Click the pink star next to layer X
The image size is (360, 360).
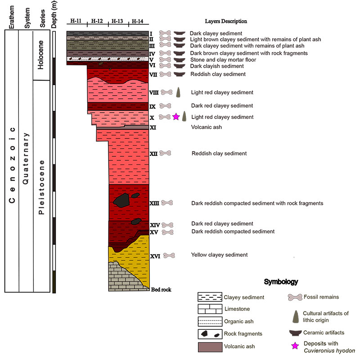(x=176, y=117)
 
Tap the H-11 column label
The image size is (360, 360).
(x=76, y=21)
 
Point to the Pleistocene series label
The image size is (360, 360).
(x=41, y=187)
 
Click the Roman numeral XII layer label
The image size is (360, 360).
(x=153, y=154)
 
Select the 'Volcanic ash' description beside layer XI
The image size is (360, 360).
(x=206, y=127)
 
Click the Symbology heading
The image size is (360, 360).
(x=280, y=282)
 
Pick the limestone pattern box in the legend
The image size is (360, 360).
(x=210, y=309)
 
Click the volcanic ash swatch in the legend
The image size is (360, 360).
(x=210, y=347)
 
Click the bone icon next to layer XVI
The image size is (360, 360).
(x=169, y=255)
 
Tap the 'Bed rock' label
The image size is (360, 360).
(x=161, y=289)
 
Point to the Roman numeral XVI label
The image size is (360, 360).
(x=155, y=256)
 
